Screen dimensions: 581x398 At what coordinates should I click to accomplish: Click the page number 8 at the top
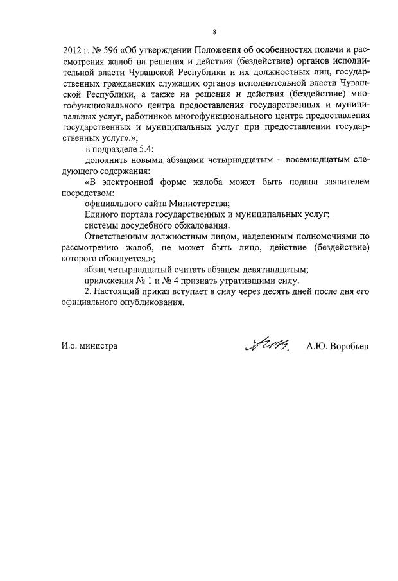coord(215,31)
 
